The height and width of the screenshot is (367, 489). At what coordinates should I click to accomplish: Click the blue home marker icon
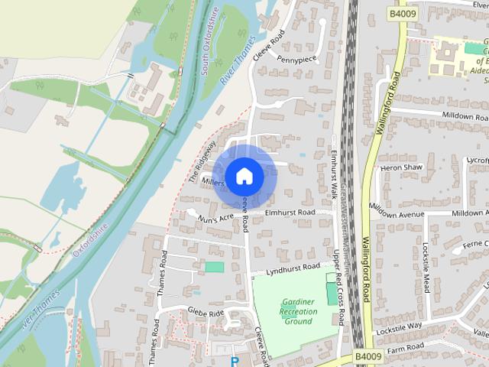click(x=244, y=176)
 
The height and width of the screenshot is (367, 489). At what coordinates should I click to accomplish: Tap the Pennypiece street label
click(x=296, y=59)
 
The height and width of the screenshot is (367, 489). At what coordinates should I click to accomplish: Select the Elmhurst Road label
click(x=290, y=212)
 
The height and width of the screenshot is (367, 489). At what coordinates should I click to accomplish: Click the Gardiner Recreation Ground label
click(x=298, y=311)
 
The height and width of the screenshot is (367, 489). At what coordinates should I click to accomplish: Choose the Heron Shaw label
click(x=401, y=167)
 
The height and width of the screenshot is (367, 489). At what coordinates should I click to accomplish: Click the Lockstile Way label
click(x=400, y=326)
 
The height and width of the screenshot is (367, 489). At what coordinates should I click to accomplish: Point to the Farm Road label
click(x=406, y=347)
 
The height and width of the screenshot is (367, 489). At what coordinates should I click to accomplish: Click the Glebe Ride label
click(x=205, y=312)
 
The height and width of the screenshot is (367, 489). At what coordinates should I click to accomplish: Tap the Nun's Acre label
click(x=215, y=219)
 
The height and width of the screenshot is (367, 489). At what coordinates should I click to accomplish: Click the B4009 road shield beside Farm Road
click(x=368, y=356)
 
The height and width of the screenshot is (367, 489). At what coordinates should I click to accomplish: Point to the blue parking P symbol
click(x=235, y=362)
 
